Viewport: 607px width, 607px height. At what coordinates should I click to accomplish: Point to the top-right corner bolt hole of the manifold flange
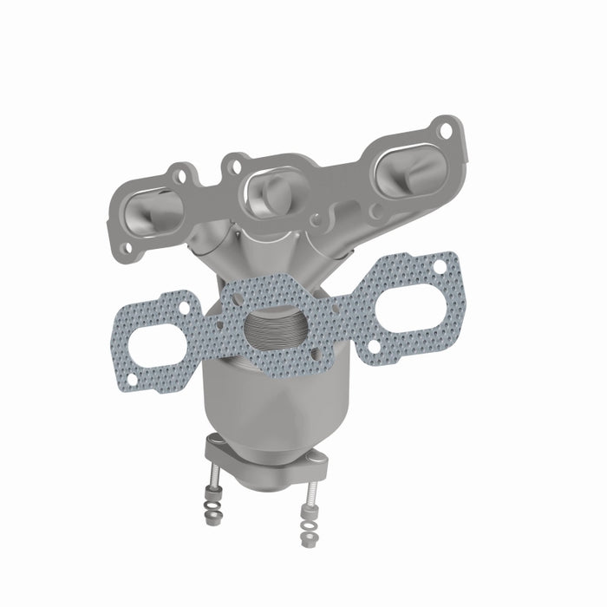446,132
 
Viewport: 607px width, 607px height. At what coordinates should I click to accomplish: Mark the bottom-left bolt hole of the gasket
132,380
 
